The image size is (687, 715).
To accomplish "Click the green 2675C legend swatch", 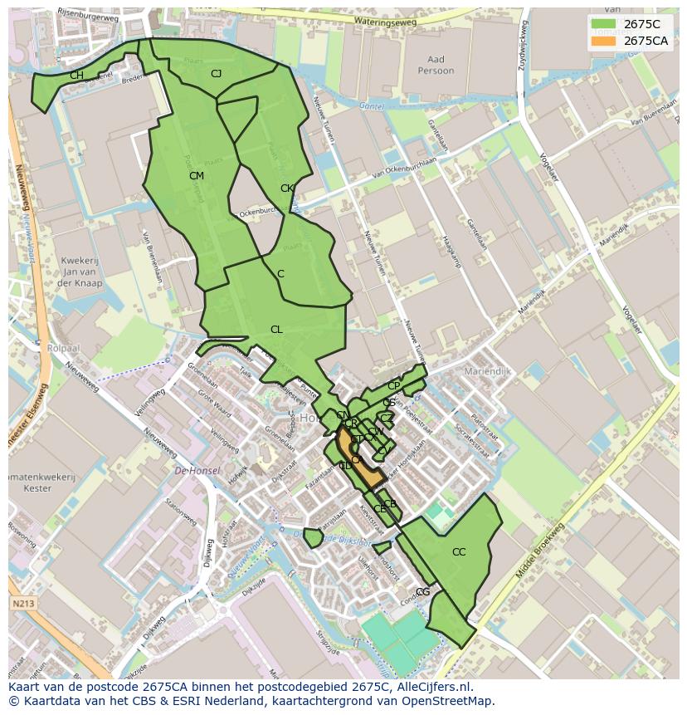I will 604,24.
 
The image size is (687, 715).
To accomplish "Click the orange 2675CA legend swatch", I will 604,41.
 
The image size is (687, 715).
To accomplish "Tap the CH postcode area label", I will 76,76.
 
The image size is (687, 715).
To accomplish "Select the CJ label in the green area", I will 216,74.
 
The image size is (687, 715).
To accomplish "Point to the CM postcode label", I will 197,176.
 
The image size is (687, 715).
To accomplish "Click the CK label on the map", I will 287,189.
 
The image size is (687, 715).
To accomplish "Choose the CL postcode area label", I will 276,330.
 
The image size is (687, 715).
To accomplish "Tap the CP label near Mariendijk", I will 393,386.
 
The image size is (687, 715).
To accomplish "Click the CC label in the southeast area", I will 459,552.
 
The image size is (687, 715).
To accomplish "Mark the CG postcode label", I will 423,592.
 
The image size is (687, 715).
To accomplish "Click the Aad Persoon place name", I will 436,65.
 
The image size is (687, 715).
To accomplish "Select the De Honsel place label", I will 197,470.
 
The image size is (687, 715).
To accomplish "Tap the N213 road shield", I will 22,604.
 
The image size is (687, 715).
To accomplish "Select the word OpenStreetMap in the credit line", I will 449,701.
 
